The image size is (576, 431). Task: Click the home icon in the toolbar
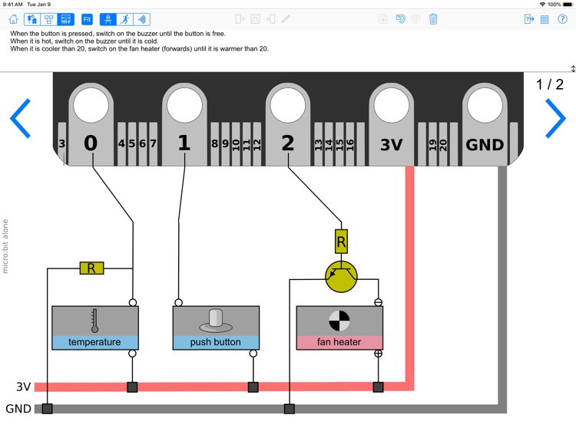tap(13, 19)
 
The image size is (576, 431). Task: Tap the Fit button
tap(87, 19)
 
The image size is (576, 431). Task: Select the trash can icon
tap(433, 19)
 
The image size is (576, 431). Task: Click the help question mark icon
tap(562, 19)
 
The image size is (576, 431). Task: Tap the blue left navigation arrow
tap(20, 118)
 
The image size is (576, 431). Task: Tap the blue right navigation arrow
tap(554, 118)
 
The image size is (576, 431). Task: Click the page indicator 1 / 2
tap(549, 85)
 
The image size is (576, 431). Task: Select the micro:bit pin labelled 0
tap(91, 123)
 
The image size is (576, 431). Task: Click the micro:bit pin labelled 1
tap(184, 123)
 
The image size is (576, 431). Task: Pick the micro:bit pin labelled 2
tap(287, 123)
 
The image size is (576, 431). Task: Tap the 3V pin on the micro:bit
tap(391, 123)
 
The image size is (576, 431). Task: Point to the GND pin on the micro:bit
tap(485, 123)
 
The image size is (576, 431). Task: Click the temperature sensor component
tap(94, 327)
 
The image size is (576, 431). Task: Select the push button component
tap(216, 327)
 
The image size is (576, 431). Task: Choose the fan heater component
tap(339, 327)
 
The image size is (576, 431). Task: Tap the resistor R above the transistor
tap(341, 242)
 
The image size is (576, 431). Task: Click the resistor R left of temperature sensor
tap(91, 268)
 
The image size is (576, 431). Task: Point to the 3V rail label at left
tap(24, 387)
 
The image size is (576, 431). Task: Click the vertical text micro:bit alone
tap(5, 246)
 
